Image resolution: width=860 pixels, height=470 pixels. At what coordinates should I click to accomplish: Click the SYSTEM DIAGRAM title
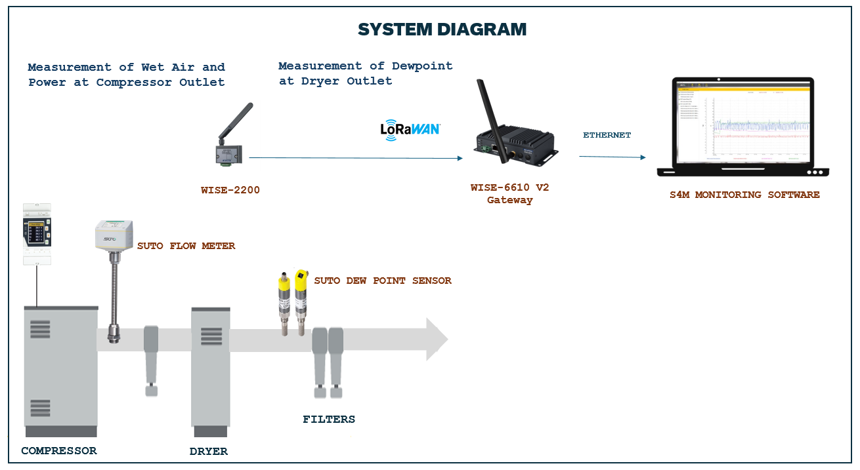[x=442, y=29]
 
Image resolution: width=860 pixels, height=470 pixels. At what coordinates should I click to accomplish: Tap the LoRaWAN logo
[x=410, y=129]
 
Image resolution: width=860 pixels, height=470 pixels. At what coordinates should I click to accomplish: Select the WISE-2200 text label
[x=230, y=191]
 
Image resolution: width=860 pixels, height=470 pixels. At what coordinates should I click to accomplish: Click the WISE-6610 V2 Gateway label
[x=509, y=193]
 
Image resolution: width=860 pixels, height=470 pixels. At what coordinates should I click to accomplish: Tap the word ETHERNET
[x=607, y=135]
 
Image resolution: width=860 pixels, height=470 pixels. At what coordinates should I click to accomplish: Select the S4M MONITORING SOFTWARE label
[x=744, y=195]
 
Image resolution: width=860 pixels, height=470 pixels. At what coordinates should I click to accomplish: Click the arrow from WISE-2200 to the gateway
[x=355, y=158]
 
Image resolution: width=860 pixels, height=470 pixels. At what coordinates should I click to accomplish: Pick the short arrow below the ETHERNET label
[x=611, y=157]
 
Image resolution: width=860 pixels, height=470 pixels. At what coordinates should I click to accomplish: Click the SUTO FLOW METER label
[x=186, y=246]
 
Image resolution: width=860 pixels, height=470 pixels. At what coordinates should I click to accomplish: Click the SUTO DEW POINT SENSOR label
[x=382, y=281]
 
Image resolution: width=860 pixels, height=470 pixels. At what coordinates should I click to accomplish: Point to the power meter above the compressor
[x=37, y=233]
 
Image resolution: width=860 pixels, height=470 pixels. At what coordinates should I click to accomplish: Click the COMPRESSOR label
[x=58, y=451]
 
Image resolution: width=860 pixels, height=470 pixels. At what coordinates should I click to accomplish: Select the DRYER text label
[x=208, y=452]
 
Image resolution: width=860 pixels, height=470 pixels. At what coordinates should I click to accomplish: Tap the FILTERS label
[x=328, y=420]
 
